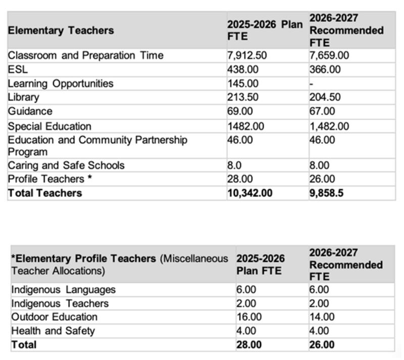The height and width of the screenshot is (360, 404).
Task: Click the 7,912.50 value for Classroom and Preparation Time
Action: tap(247, 56)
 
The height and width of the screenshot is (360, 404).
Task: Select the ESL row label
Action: tap(18, 70)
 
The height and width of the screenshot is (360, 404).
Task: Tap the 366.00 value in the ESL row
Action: tap(325, 70)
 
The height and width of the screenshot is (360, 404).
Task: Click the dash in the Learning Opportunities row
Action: tap(312, 84)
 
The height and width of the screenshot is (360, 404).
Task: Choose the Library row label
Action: tap(23, 97)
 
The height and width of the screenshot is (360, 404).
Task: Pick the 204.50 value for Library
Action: tap(325, 97)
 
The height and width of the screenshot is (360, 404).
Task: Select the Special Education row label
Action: tap(49, 126)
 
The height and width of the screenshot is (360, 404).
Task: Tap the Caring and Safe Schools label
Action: tap(66, 165)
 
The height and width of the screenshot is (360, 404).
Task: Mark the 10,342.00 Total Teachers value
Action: tap(250, 193)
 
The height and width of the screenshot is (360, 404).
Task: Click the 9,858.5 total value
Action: tap(326, 193)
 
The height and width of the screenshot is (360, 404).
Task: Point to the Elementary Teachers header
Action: tap(61, 30)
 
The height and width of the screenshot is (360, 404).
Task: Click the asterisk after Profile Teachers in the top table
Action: tap(89, 178)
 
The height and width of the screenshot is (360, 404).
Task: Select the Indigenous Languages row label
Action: tap(63, 290)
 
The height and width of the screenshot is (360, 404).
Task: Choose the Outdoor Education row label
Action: tap(54, 317)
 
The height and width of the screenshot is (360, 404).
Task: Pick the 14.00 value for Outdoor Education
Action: tap(322, 317)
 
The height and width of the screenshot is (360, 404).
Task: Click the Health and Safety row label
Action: tap(53, 331)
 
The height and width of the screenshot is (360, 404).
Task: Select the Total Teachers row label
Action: tap(44, 193)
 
